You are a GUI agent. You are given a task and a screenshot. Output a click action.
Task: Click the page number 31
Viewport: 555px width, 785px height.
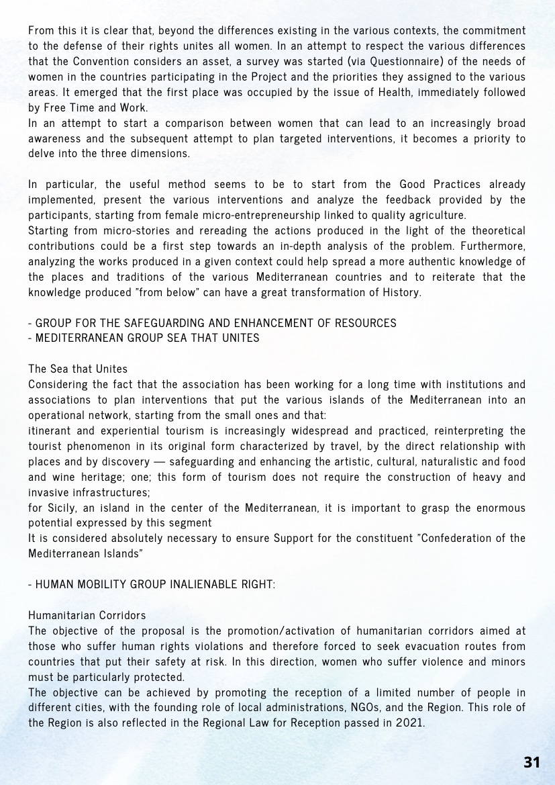click(x=532, y=761)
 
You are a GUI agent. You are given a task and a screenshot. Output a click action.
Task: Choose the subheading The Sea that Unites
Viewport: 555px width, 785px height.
click(x=78, y=369)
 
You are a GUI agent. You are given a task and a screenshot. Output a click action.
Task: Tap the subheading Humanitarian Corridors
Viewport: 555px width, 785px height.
click(x=87, y=614)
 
